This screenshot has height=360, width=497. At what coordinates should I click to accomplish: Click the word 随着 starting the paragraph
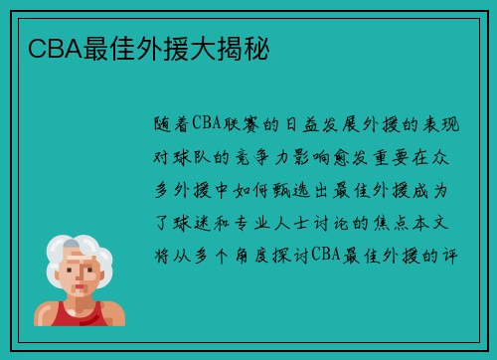click(x=177, y=125)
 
